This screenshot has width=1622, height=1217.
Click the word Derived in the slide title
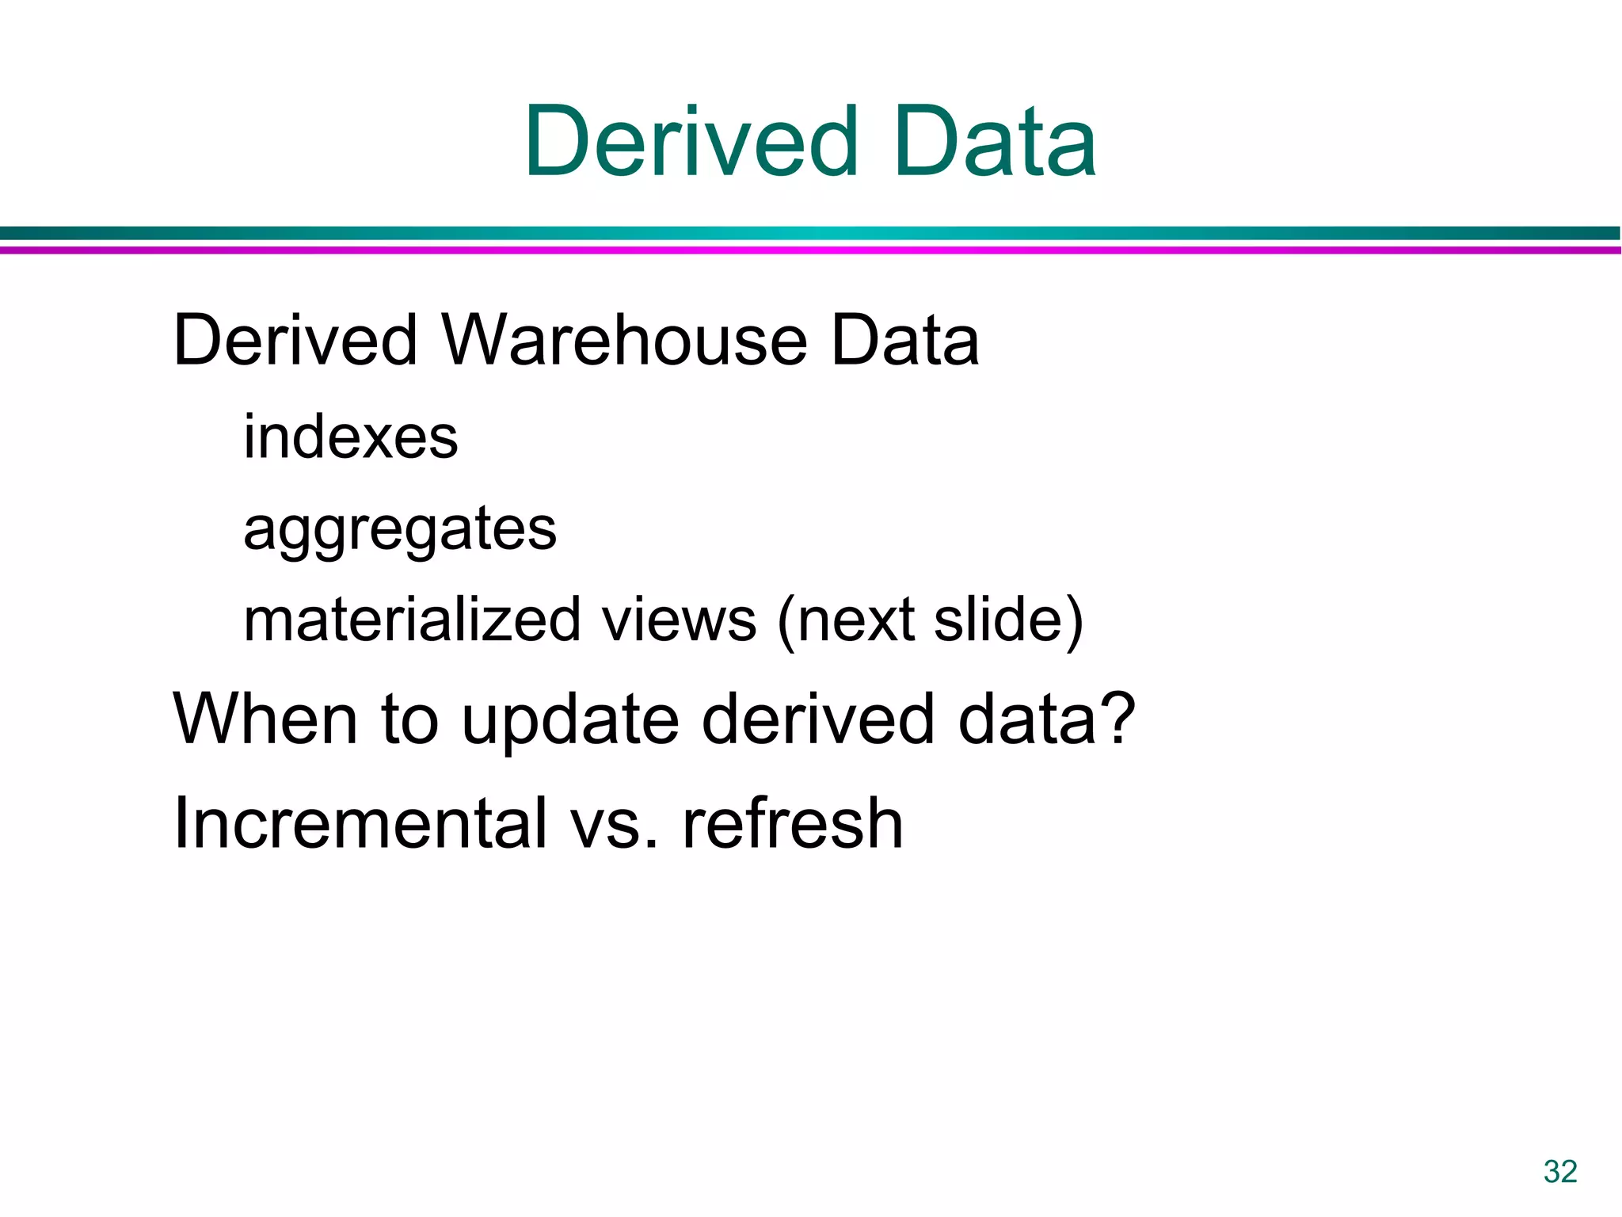pyautogui.click(x=691, y=143)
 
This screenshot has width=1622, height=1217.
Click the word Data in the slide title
pyautogui.click(x=995, y=143)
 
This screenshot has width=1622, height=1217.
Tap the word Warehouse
pyautogui.click(x=625, y=341)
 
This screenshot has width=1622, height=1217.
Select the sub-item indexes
pyautogui.click(x=350, y=437)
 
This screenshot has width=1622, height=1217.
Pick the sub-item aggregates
pyautogui.click(x=400, y=529)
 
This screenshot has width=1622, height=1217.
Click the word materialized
pyautogui.click(x=413, y=620)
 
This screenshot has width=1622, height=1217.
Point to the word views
pyautogui.click(x=680, y=620)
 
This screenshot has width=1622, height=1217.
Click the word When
pyautogui.click(x=265, y=719)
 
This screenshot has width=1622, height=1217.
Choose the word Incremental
pyautogui.click(x=360, y=823)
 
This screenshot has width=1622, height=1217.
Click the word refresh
pyautogui.click(x=793, y=823)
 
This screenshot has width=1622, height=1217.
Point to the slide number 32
pyautogui.click(x=1560, y=1171)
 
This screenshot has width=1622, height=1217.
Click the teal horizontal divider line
pyautogui.click(x=811, y=233)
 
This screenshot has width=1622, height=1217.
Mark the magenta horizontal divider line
pyautogui.click(x=811, y=250)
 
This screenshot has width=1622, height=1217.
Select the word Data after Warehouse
pyautogui.click(x=904, y=341)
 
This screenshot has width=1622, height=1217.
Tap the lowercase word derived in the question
pyautogui.click(x=818, y=719)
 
